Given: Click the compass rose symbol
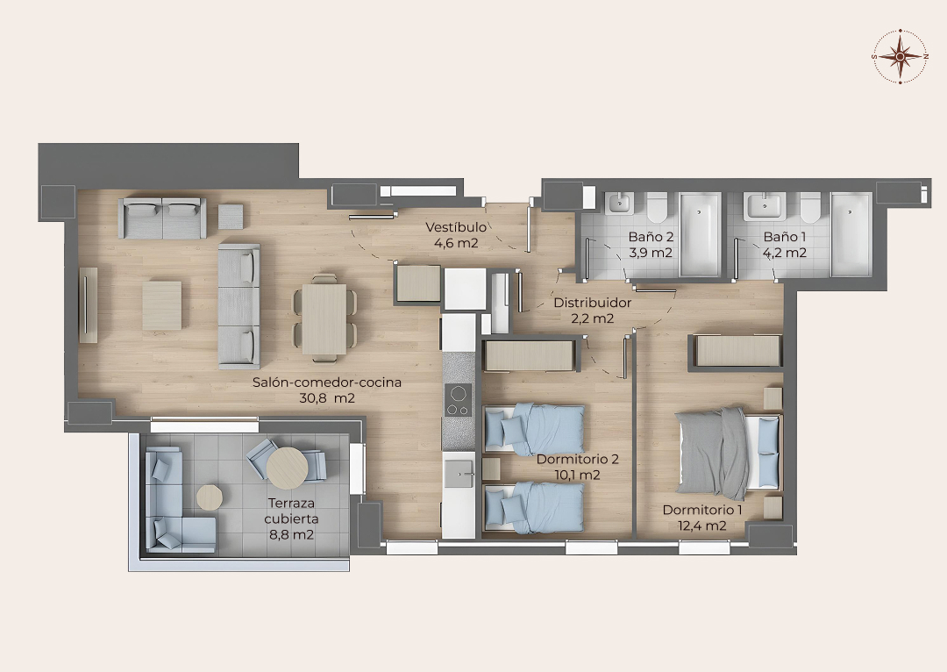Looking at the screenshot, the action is pos(900,56).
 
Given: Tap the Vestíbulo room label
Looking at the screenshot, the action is pos(456,227).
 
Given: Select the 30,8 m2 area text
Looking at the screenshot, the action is pos(327,398).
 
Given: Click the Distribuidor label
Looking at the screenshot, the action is pos(593,303).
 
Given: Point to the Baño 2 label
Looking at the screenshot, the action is pos(651,237).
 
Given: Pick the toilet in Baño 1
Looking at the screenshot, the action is pos(810,207).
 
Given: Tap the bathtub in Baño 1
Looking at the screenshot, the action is pos(851,234).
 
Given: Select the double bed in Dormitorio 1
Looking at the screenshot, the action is pos(729,453).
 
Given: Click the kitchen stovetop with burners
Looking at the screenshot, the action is pos(458,400).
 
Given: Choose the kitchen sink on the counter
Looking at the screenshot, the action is pos(459,473).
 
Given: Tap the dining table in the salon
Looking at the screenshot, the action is pos(324,318).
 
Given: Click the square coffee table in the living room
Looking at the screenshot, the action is pos(162,305).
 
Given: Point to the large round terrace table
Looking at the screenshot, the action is pos(287,468).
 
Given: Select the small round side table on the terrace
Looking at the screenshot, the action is pos(209,497).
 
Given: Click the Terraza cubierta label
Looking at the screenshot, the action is pos(291,511).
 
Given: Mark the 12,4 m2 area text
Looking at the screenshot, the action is pos(701,525).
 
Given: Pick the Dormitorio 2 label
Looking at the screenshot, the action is pos(577,460).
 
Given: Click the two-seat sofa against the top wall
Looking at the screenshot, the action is pos(162,218).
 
